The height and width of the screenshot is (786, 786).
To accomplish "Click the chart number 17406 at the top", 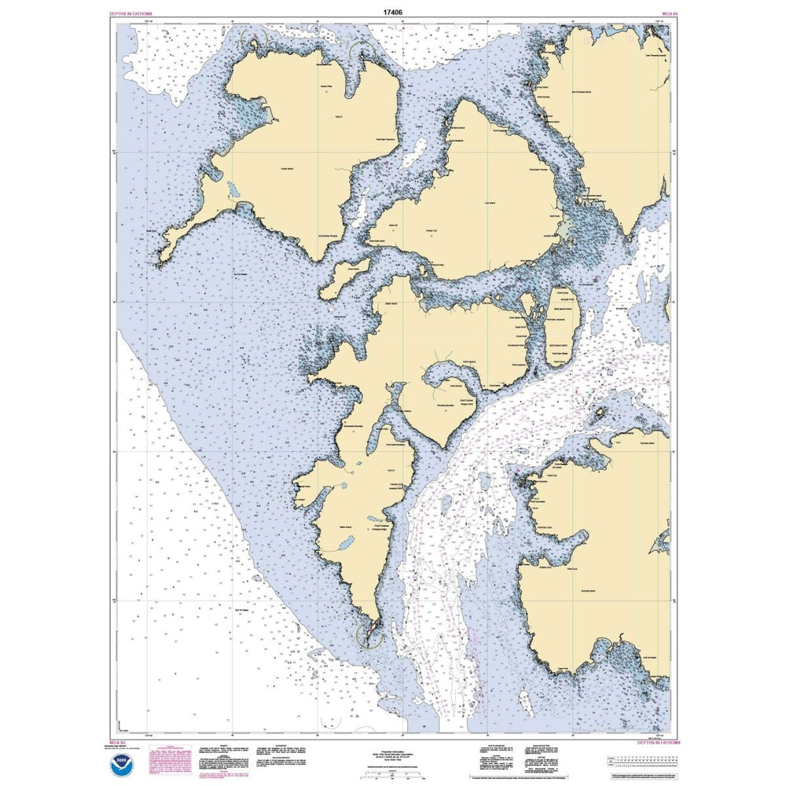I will [393, 12].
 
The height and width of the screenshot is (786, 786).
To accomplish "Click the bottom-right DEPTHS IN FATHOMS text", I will [652, 741].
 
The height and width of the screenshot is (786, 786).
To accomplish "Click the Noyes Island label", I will [285, 168].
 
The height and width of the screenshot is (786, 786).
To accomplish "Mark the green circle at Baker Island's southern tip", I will [370, 634].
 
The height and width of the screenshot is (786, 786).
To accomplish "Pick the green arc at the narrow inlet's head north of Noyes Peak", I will [361, 56].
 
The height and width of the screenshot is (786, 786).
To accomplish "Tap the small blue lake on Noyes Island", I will [233, 191].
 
